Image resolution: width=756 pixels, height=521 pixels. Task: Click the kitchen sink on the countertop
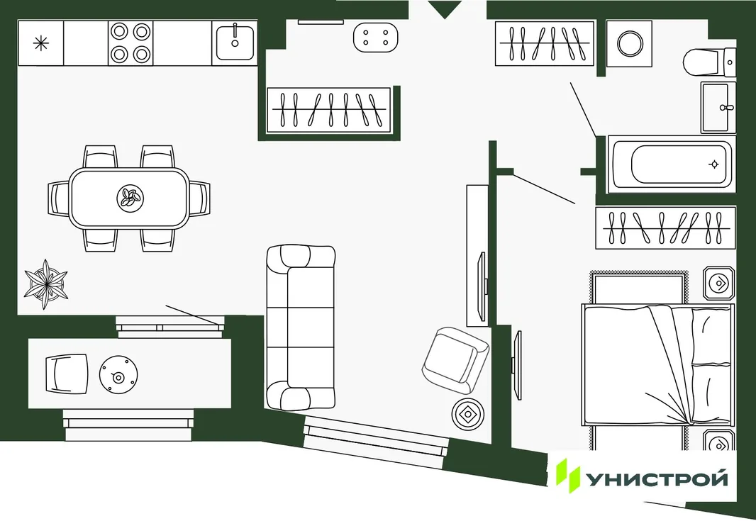pyautogui.click(x=235, y=43)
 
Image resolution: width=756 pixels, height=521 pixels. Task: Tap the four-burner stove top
pyautogui.click(x=130, y=43)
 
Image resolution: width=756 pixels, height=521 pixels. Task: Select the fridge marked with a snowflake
pyautogui.click(x=41, y=43)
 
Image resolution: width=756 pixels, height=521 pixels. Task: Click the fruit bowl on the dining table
pyautogui.click(x=130, y=198)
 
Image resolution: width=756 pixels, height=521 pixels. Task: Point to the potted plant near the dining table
pyautogui.click(x=46, y=284)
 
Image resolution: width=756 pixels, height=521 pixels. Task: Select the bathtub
pyautogui.click(x=672, y=164)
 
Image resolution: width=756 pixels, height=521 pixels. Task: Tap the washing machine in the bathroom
pyautogui.click(x=629, y=43)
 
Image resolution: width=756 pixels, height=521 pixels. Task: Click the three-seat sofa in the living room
pyautogui.click(x=301, y=327)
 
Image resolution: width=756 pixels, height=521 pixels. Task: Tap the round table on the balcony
pyautogui.click(x=118, y=375)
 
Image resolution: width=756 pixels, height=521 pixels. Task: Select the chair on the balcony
pyautogui.click(x=67, y=374)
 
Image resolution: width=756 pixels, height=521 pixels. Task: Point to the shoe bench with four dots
pyautogui.click(x=376, y=37)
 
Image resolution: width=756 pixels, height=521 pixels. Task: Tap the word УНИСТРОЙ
pyautogui.click(x=657, y=479)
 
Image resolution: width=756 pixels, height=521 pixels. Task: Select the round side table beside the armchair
pyautogui.click(x=467, y=414)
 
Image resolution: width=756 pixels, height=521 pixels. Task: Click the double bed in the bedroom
pyautogui.click(x=657, y=364)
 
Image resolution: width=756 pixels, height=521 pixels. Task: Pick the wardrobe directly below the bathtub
pyautogui.click(x=665, y=228)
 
